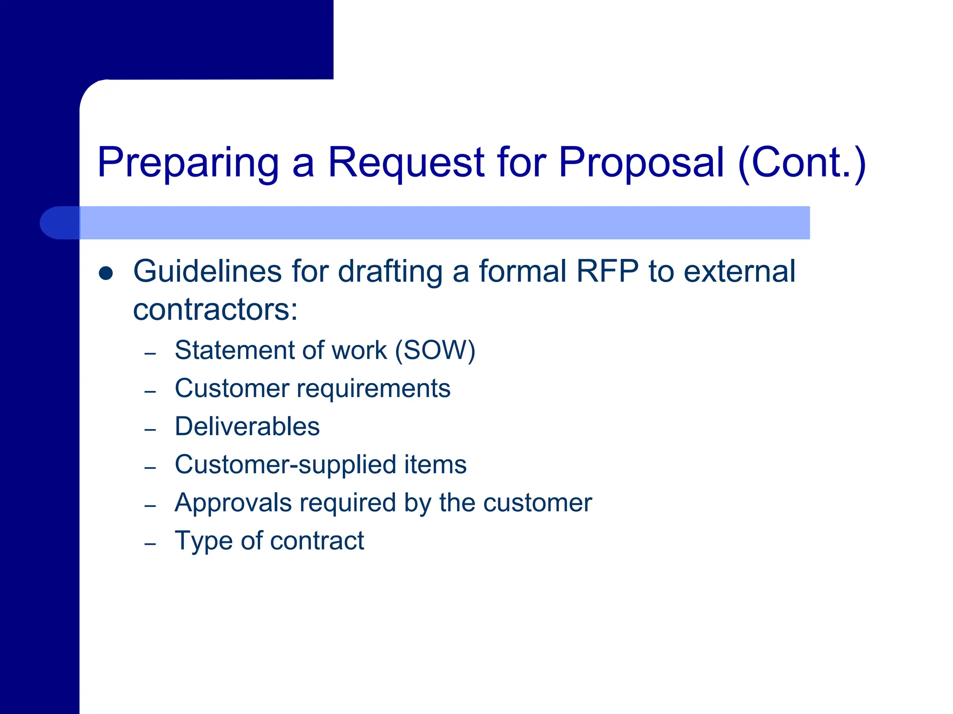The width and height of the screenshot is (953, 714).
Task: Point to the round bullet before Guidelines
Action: tap(106, 273)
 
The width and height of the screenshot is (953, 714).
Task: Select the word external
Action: tap(739, 271)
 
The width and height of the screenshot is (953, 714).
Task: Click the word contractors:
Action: tap(215, 310)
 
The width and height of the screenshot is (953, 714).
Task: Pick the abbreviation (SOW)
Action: tap(435, 350)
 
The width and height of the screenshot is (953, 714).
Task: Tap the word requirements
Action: tap(373, 389)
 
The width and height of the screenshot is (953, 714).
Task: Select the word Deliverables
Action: tap(247, 427)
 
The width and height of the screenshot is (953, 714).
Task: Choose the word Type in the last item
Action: tap(203, 541)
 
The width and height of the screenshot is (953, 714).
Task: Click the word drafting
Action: tap(390, 271)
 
